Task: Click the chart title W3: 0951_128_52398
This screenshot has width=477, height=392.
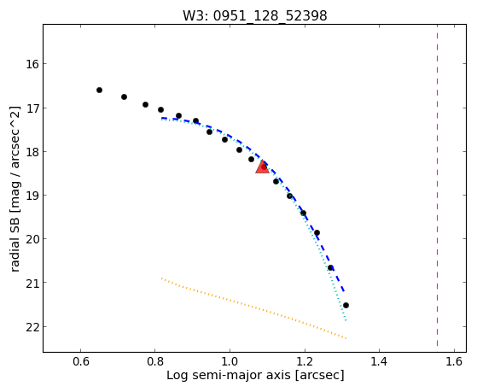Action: click(x=254, y=16)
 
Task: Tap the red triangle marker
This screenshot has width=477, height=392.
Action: click(x=262, y=167)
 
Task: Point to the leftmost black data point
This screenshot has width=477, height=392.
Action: click(x=99, y=91)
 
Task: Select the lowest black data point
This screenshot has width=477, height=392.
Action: click(x=346, y=305)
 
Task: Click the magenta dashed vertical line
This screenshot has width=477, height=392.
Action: click(x=438, y=185)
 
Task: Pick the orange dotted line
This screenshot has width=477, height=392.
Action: click(x=253, y=308)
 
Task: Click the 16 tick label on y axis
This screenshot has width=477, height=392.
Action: click(x=32, y=64)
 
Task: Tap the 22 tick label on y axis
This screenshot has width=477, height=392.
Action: click(x=32, y=327)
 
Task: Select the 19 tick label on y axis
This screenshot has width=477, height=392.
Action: click(x=32, y=196)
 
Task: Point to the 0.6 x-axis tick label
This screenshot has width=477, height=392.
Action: click(x=80, y=361)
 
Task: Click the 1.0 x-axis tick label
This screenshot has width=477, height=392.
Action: click(x=230, y=361)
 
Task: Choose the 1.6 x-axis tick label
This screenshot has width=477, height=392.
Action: click(x=454, y=361)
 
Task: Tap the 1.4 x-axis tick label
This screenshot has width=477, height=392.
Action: click(x=380, y=361)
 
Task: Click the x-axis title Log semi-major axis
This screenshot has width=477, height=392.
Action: click(x=229, y=375)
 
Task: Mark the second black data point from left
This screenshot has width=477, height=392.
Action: click(x=124, y=97)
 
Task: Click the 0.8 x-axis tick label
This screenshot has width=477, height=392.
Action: click(x=154, y=361)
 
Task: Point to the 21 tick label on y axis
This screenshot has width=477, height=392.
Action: click(x=32, y=283)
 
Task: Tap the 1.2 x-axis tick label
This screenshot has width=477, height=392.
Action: click(x=305, y=361)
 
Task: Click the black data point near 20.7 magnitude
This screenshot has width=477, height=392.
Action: click(x=330, y=267)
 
